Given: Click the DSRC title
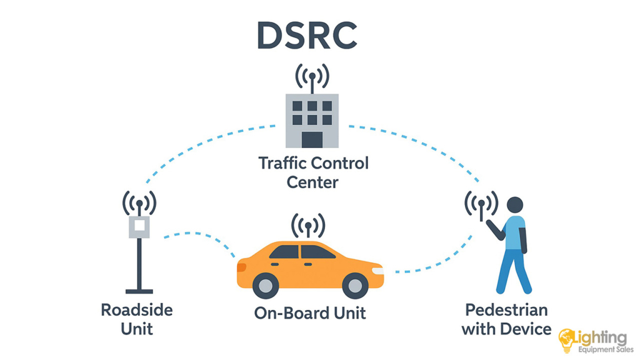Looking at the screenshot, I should pos(306,36).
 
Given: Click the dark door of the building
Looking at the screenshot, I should pos(312,139).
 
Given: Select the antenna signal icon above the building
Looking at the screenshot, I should pos(312,77).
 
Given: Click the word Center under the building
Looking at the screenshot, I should pos(312,182).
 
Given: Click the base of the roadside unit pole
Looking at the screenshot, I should pos(139,291).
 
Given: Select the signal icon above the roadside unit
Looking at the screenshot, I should pos(139,203).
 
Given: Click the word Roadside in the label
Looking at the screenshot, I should pos(137,310).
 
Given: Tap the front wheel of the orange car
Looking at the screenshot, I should pos(354,286).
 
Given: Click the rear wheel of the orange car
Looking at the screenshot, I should pos(265,286).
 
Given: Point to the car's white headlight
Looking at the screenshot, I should pos(377,271).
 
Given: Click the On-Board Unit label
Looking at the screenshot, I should pos(309,313).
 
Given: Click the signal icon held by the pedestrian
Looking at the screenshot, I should pos(481,204).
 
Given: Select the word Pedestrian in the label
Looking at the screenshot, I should pos(506,310).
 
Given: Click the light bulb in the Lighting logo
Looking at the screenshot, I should pos(567,338).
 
